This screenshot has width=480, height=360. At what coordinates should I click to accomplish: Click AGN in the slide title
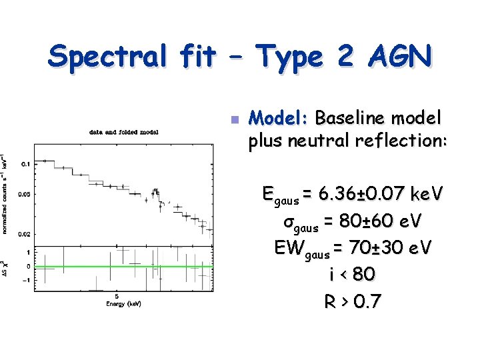point(393,57)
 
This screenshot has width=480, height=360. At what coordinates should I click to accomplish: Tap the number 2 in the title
point(344,57)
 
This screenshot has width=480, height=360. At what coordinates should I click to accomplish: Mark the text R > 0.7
point(353,301)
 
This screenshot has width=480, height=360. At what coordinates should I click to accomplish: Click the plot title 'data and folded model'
point(124,132)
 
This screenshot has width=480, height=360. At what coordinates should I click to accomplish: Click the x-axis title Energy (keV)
point(123,304)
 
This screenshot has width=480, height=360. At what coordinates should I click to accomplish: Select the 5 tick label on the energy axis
point(117,295)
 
